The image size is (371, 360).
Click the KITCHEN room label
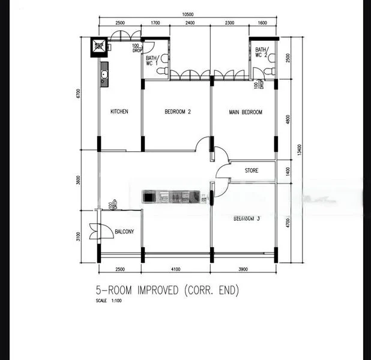click(x=119, y=112)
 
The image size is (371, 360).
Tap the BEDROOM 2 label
click(x=177, y=112)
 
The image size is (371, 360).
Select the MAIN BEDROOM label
click(x=246, y=112)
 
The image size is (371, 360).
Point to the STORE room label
click(x=252, y=171)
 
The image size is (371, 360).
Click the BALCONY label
click(x=124, y=231)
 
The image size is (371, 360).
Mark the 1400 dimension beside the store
click(x=288, y=171)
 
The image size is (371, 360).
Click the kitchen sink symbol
click(x=103, y=75)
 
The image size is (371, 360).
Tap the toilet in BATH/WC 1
click(x=161, y=71)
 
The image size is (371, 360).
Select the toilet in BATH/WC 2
click(x=270, y=71)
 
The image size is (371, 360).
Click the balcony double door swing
click(x=94, y=231)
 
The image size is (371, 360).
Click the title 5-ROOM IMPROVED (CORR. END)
click(x=167, y=291)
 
